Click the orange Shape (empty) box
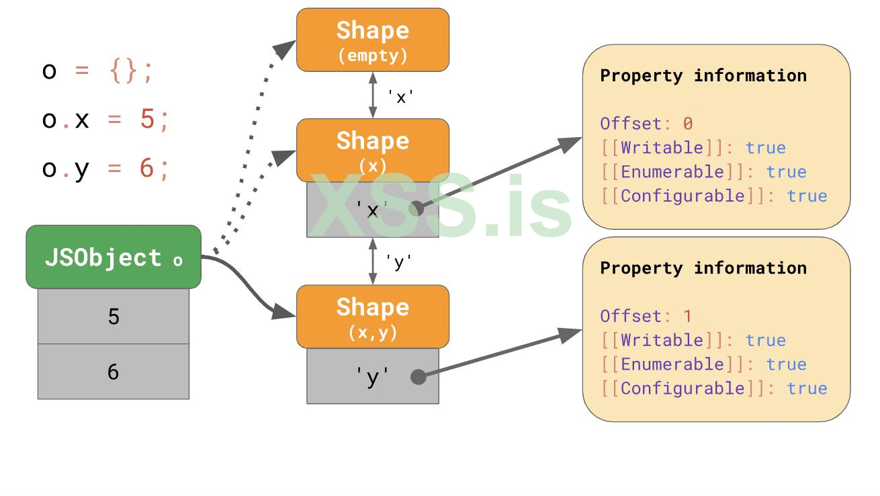click(x=373, y=40)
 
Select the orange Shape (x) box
click(x=373, y=150)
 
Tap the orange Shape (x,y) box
click(x=373, y=316)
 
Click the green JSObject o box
click(x=114, y=257)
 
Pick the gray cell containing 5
click(x=114, y=317)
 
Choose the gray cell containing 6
click(x=114, y=372)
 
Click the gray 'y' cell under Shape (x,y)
click(x=373, y=376)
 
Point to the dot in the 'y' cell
click(x=419, y=376)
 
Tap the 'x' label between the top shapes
click(x=400, y=97)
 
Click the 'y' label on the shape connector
click(x=398, y=261)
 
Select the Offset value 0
click(x=688, y=124)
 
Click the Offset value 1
click(x=688, y=316)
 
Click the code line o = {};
click(x=98, y=71)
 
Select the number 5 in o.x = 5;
click(x=148, y=120)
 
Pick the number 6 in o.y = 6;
click(x=147, y=168)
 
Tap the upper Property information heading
click(x=703, y=75)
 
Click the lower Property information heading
click(x=703, y=267)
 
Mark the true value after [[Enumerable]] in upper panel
click(x=786, y=172)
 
